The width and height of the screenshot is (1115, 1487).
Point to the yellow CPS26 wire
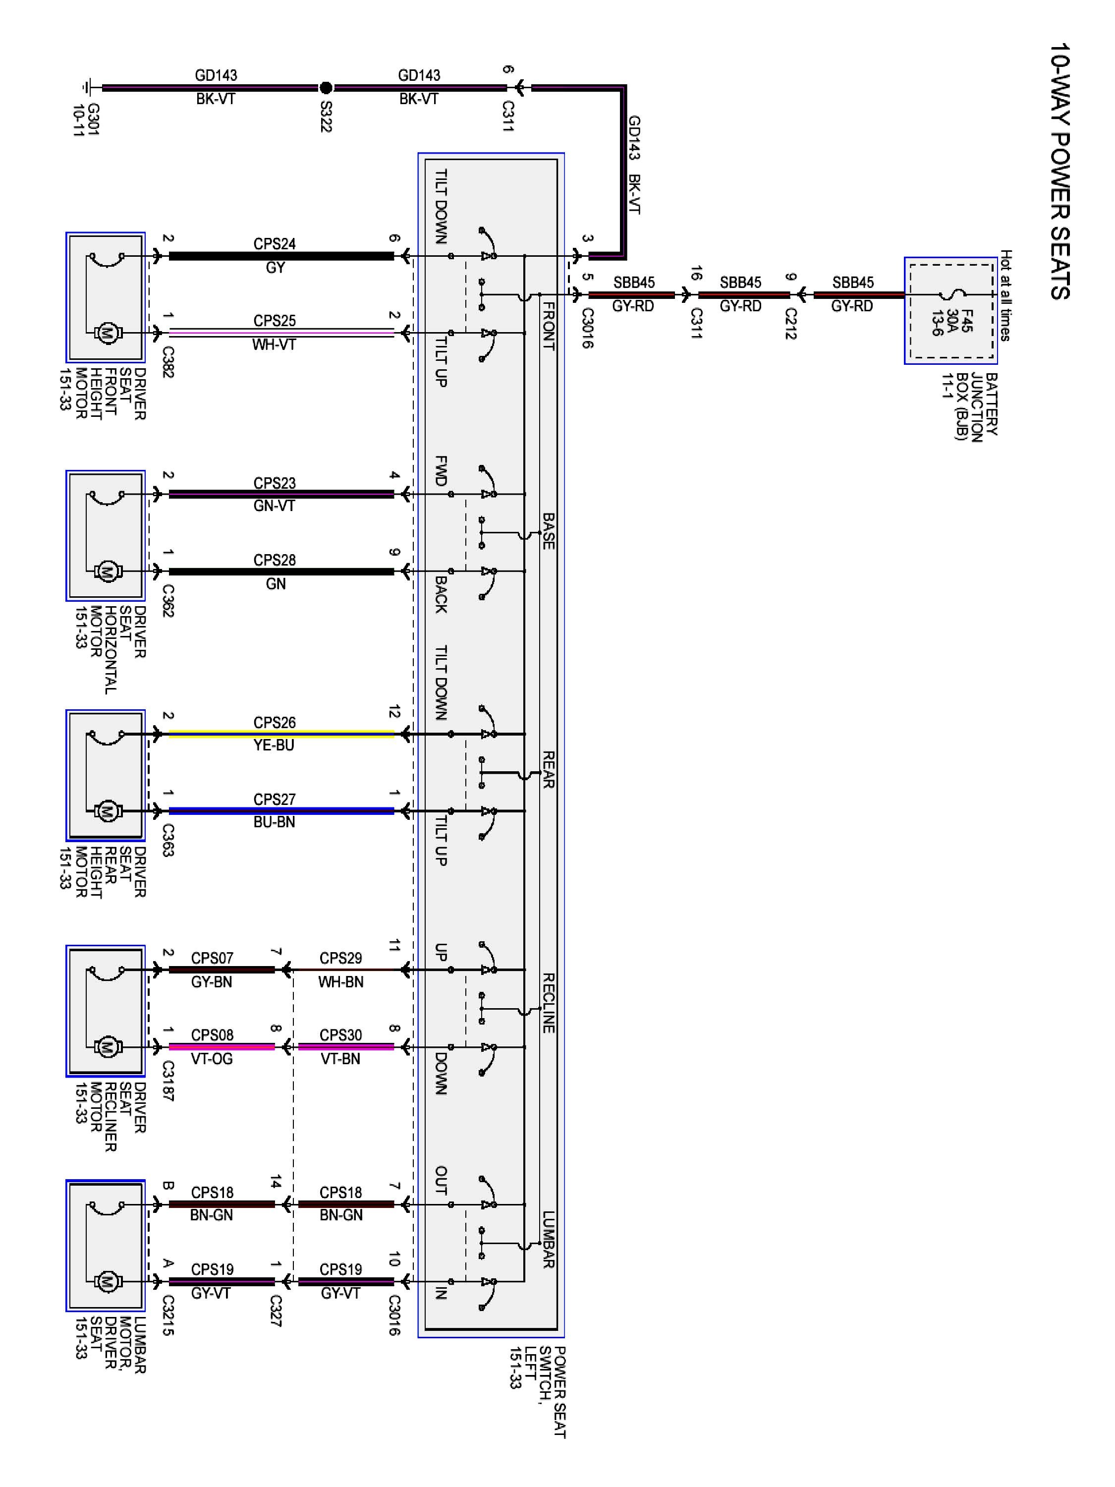[x=281, y=734]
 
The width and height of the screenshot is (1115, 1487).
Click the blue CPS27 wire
[x=281, y=811]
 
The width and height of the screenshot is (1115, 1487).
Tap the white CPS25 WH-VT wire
[x=281, y=333]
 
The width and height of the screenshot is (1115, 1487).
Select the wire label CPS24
[x=274, y=244]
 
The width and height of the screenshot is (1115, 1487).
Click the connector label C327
[x=275, y=1312]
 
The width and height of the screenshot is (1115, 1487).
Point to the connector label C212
[x=790, y=323]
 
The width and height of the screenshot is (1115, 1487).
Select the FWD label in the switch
[x=441, y=470]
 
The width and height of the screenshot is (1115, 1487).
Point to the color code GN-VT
[x=274, y=506]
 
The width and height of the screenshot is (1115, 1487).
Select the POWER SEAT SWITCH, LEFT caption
[x=538, y=1391]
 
